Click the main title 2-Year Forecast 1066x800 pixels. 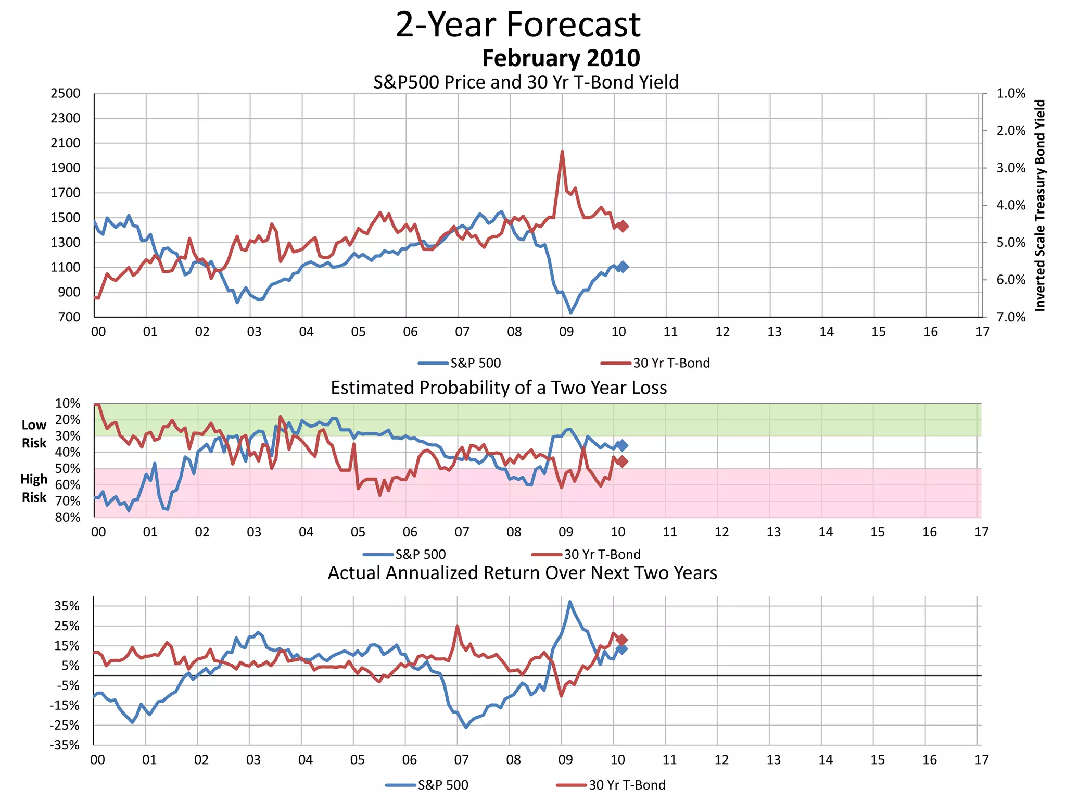click(518, 24)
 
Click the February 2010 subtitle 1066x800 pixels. click(561, 58)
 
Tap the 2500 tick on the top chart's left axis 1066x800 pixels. click(66, 94)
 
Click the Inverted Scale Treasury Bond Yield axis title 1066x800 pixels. click(1039, 205)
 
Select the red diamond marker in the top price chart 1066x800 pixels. click(623, 226)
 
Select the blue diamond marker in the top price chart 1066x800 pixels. click(623, 267)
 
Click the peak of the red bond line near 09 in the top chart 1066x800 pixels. click(562, 152)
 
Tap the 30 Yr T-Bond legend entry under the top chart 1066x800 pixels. click(655, 363)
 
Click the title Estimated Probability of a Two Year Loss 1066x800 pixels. click(499, 388)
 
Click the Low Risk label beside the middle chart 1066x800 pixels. click(34, 434)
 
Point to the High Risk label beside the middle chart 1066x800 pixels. click(34, 488)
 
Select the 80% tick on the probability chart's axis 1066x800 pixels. click(68, 517)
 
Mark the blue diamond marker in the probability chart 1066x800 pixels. click(622, 445)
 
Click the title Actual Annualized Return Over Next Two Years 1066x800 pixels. click(522, 573)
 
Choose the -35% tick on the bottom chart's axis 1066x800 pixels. click(65, 745)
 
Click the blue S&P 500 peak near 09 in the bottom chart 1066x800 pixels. click(570, 602)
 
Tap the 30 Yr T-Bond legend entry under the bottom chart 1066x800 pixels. click(611, 785)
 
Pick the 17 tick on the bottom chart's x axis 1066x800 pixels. click(981, 760)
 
